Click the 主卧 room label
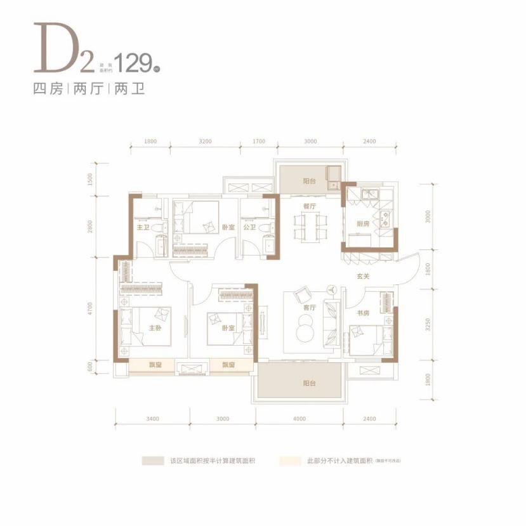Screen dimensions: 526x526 pyautogui.click(x=153, y=328)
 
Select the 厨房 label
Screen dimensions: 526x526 pyautogui.click(x=362, y=224)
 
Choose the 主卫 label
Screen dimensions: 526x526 pyautogui.click(x=142, y=227)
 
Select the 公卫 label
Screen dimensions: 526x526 pyautogui.click(x=249, y=227)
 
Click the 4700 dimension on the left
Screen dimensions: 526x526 pyautogui.click(x=91, y=309)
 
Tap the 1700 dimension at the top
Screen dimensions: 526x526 pyautogui.click(x=259, y=141)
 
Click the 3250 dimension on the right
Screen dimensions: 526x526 pyautogui.click(x=429, y=324)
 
